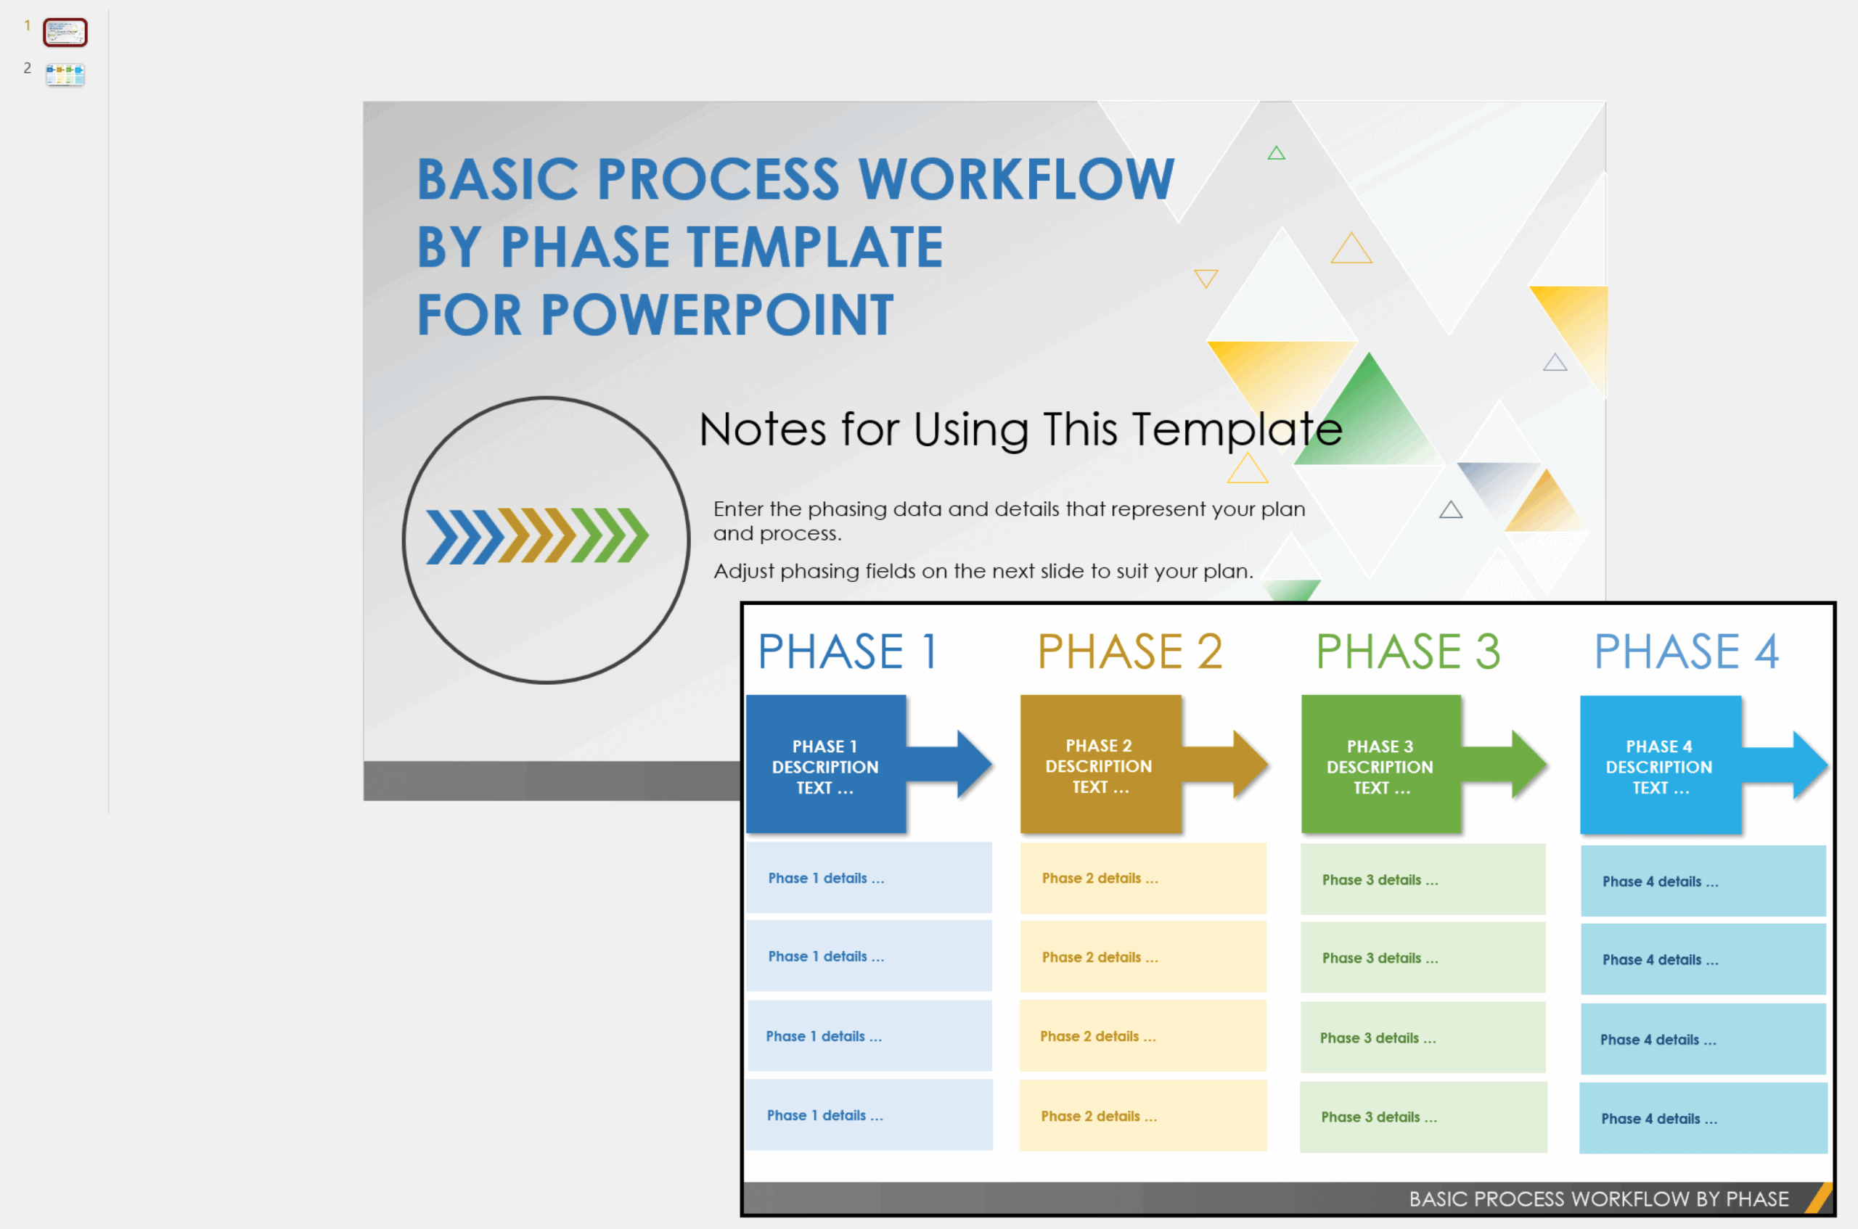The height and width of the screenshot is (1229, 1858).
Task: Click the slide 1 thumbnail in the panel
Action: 65,32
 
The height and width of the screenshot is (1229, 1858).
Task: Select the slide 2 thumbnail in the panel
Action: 65,75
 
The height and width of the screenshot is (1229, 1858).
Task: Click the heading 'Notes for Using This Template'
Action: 1019,429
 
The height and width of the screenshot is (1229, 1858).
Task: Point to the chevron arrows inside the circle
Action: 537,536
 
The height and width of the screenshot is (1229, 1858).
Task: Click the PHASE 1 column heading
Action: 848,652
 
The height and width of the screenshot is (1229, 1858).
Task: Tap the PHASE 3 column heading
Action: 1407,652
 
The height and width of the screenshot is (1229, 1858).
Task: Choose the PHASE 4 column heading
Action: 1685,652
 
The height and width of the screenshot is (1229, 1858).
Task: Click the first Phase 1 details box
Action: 869,878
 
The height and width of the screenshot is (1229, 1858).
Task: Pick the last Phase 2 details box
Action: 1142,1115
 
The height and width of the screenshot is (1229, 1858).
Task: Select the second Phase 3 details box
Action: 1422,958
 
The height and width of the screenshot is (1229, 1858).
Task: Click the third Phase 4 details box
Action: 1703,1040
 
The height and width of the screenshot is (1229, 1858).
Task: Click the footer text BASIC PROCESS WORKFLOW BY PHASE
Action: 1597,1199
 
